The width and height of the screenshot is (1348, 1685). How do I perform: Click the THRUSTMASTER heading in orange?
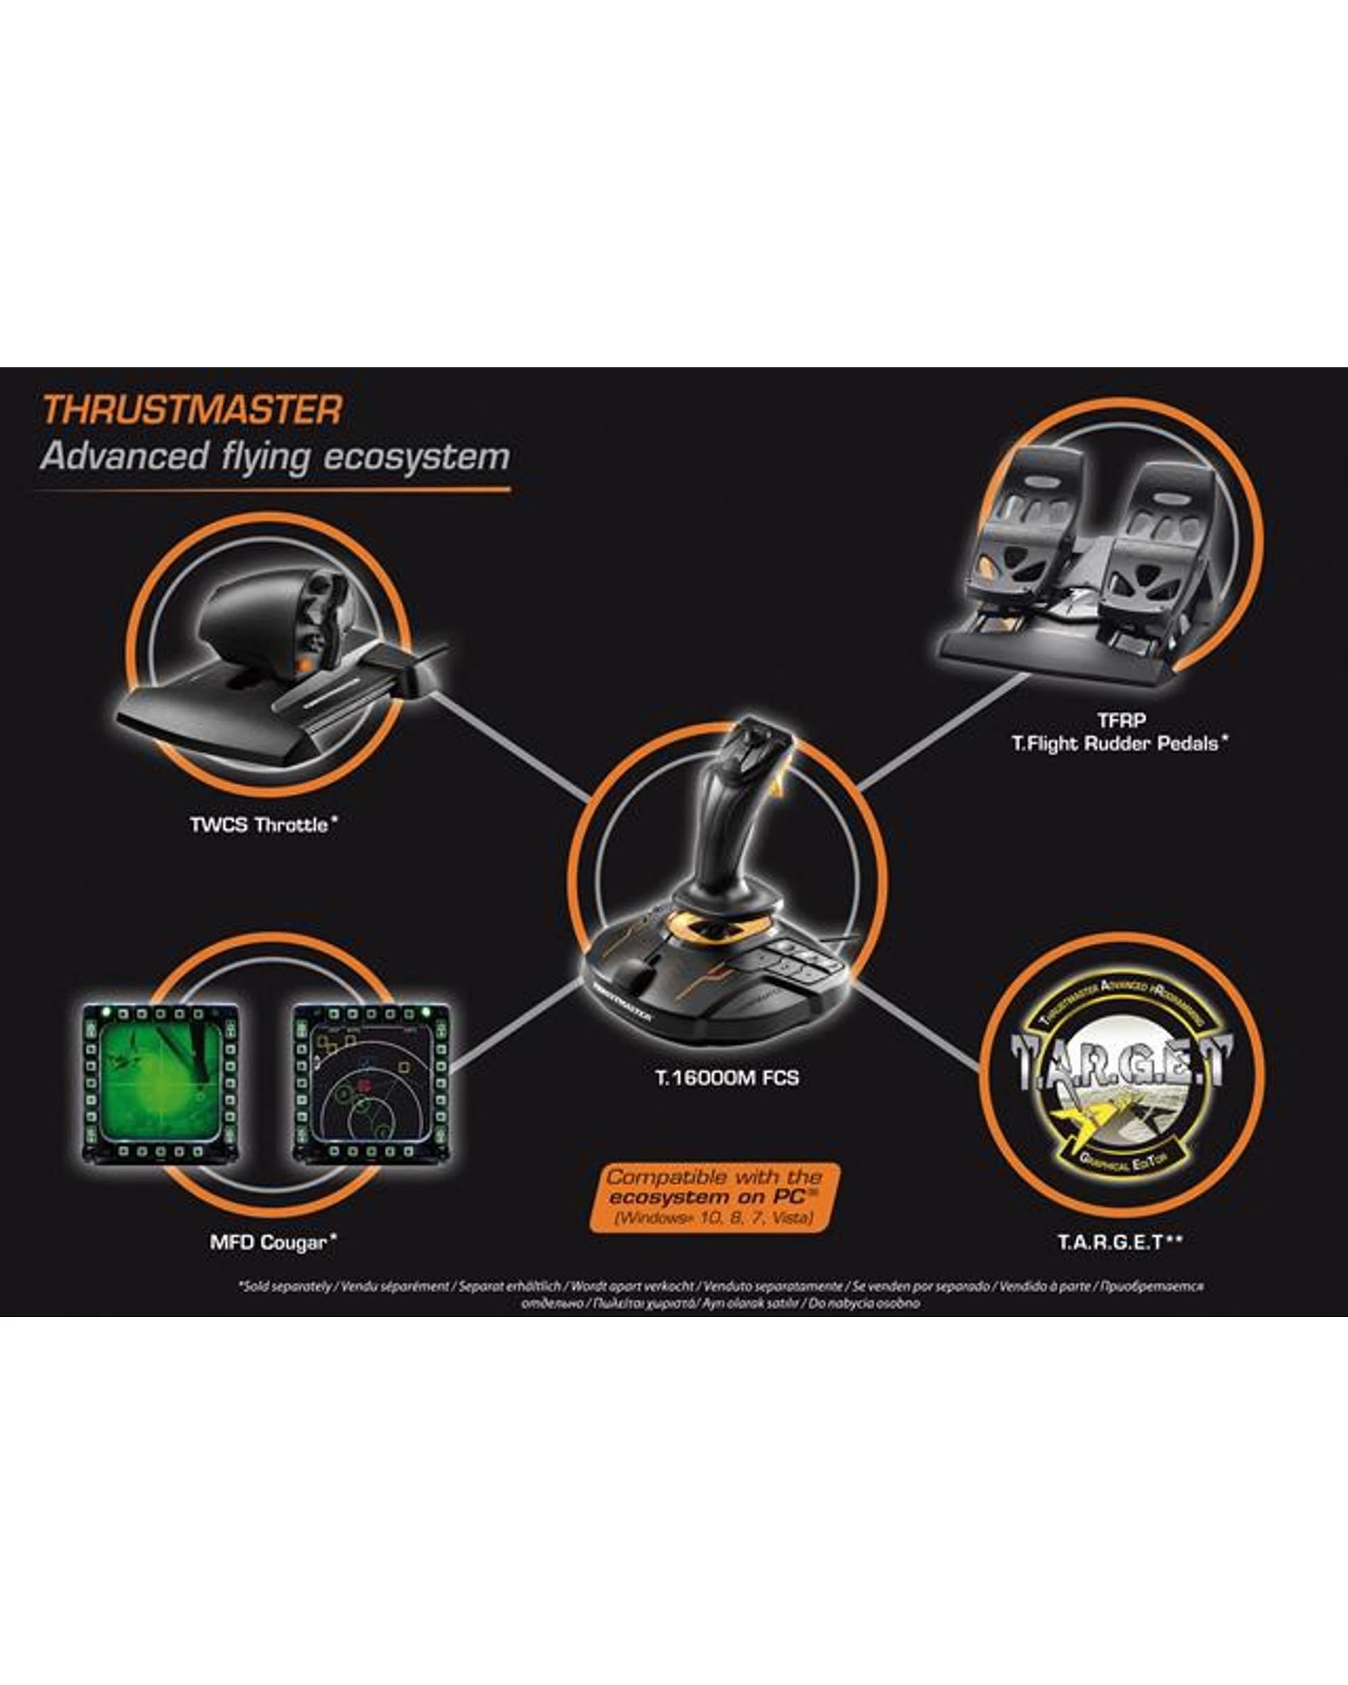[x=192, y=410]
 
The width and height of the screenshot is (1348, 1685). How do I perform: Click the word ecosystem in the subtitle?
[x=417, y=456]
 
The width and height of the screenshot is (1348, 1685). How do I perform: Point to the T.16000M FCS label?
[x=727, y=1078]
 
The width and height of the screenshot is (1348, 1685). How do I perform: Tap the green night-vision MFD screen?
[x=160, y=1082]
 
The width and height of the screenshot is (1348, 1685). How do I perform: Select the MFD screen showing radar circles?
[x=371, y=1082]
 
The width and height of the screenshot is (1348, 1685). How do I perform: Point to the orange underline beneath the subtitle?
[x=274, y=491]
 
